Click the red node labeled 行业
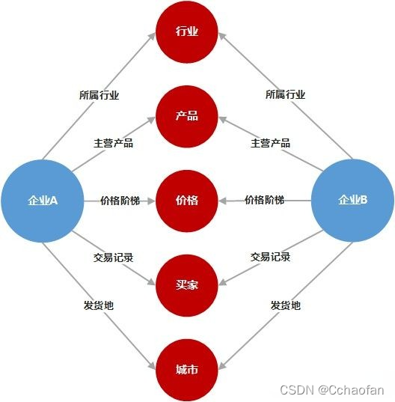tap(187, 31)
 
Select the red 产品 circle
tap(187, 116)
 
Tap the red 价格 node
tap(187, 201)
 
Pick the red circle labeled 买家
tap(187, 285)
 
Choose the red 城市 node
tap(187, 370)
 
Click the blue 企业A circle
tap(43, 201)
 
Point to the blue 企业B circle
tap(352, 200)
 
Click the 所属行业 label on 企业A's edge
tap(99, 95)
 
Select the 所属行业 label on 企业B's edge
tap(285, 94)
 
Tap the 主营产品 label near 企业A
tap(113, 143)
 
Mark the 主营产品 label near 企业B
tap(270, 143)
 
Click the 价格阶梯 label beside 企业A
tap(120, 201)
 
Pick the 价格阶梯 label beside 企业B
tap(264, 200)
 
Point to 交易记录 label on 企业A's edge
tap(113, 258)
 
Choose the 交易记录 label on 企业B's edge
tap(270, 257)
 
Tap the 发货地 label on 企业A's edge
tap(99, 305)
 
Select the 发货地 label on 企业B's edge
tap(285, 305)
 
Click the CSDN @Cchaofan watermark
tap(332, 390)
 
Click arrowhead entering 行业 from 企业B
tap(222, 37)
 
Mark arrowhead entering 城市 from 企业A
tap(152, 365)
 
